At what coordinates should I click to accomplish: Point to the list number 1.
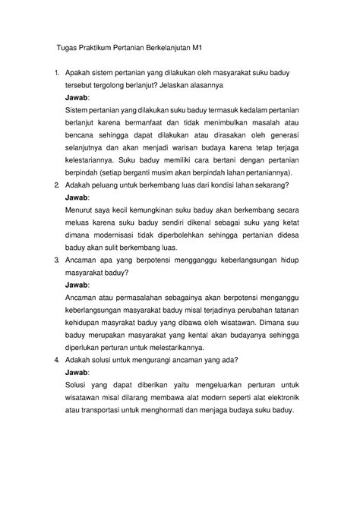coord(55,72)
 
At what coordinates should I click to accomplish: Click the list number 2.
coord(55,185)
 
